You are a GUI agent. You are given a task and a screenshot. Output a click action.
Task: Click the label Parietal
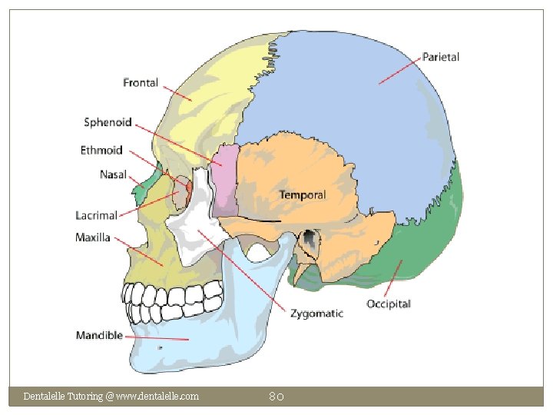click(441, 57)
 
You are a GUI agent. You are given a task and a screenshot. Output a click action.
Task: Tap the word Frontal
click(141, 82)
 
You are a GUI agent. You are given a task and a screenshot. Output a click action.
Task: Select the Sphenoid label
click(108, 122)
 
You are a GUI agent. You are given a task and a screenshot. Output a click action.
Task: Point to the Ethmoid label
click(101, 150)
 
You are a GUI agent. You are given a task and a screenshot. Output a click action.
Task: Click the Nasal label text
click(113, 174)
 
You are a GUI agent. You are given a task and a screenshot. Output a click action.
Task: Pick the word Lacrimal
click(96, 215)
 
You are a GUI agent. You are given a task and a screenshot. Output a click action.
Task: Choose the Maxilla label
click(93, 237)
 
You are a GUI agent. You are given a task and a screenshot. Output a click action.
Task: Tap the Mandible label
click(99, 335)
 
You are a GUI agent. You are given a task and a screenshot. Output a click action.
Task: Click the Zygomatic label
click(316, 314)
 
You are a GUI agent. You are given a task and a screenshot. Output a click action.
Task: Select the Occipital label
click(388, 304)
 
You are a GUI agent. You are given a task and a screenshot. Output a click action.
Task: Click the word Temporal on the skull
click(302, 195)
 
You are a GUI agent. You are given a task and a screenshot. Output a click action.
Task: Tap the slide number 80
click(276, 397)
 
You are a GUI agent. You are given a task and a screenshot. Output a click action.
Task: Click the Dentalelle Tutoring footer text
click(111, 397)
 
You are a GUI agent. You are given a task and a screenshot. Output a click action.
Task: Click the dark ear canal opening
click(310, 239)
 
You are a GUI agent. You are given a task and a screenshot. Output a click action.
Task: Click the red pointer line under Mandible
click(157, 338)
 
